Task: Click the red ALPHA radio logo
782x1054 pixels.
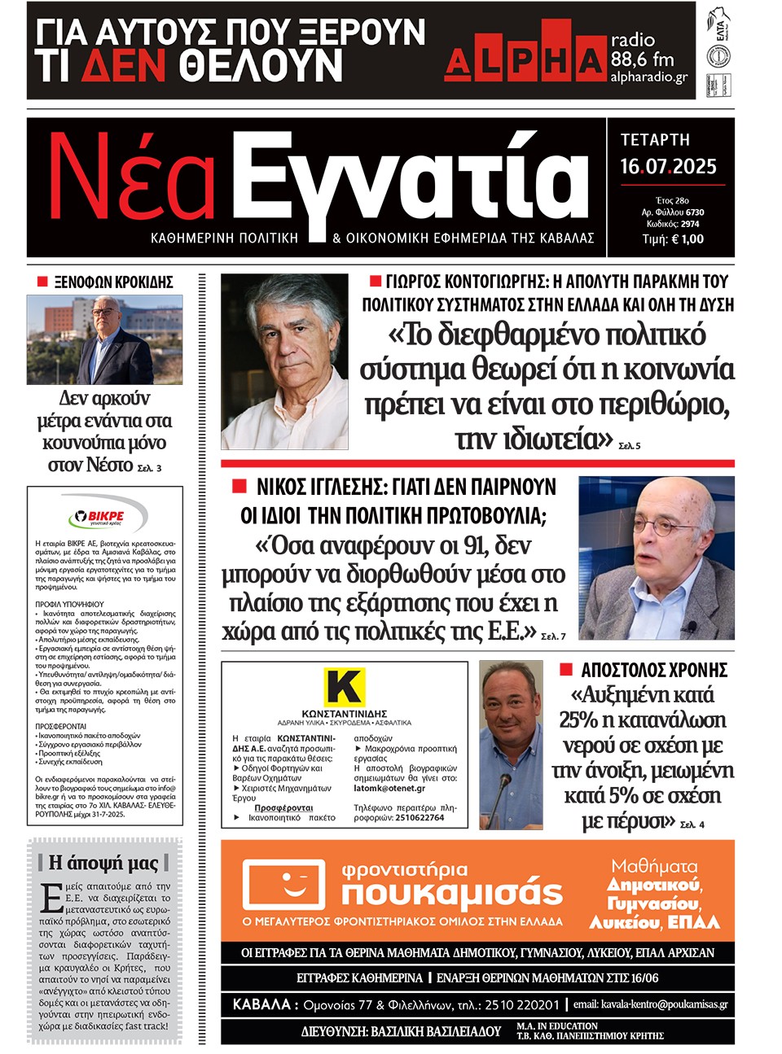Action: coord(525,59)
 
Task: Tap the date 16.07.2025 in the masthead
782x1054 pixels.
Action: coord(668,167)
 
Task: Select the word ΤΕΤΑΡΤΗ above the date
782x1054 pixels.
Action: coord(655,139)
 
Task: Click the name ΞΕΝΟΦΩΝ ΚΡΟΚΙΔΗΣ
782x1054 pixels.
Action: coord(113,282)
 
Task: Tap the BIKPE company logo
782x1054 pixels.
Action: coord(105,515)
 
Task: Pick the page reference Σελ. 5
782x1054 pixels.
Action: coord(630,446)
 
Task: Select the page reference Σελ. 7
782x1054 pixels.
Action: coord(553,636)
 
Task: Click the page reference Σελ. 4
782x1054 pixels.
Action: coord(692,824)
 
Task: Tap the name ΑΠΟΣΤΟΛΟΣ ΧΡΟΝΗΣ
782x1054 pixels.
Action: coord(653,671)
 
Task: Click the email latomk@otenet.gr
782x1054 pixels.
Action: coord(389,788)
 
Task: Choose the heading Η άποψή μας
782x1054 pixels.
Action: coord(103,862)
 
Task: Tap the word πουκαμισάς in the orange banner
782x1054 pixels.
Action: coord(452,893)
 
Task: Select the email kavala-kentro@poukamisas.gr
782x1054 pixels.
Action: coord(649,1004)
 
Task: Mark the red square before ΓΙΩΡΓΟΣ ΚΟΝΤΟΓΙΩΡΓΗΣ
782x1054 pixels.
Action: coord(376,282)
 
